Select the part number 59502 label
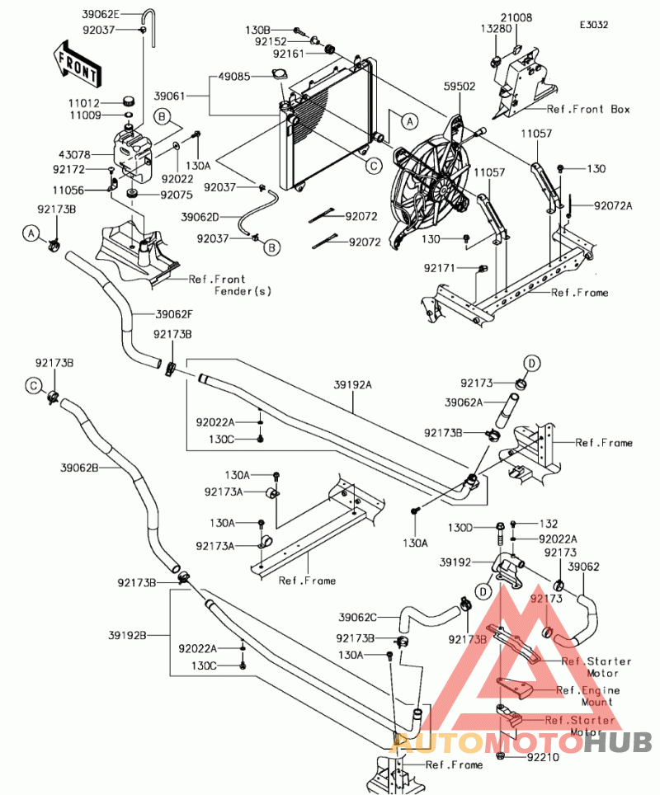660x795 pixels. [x=459, y=85]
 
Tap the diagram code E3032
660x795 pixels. [x=593, y=25]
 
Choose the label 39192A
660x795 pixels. [x=353, y=384]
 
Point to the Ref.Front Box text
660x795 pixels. [x=587, y=109]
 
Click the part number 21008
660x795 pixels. [x=516, y=16]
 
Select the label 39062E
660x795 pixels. [x=101, y=15]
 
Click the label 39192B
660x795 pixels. [x=127, y=635]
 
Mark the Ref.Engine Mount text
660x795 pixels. [x=587, y=696]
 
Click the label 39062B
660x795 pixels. [x=79, y=468]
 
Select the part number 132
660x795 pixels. [x=549, y=524]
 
